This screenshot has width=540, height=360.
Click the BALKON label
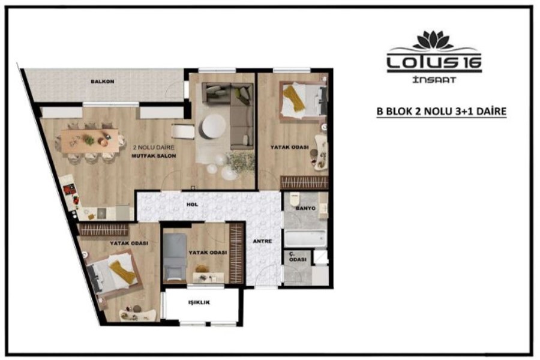click(102, 82)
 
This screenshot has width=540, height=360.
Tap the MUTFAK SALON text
click(154, 156)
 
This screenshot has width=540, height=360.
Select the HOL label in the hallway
click(192, 205)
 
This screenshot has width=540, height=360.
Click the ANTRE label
click(262, 241)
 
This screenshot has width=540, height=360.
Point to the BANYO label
click(305, 208)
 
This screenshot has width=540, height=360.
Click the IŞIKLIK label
click(199, 302)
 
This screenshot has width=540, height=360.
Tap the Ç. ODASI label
click(298, 257)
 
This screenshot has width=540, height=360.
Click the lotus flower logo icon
click(433, 40)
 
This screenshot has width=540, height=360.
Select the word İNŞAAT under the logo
click(434, 80)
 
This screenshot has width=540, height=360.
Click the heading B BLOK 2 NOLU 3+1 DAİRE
click(441, 112)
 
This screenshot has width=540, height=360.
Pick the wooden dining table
click(90, 140)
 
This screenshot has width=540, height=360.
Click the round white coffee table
click(214, 127)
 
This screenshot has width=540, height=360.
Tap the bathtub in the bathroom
click(305, 238)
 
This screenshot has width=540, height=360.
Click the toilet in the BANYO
click(295, 199)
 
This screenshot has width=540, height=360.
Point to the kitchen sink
click(101, 213)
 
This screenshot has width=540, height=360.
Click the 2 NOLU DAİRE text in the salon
click(154, 148)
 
